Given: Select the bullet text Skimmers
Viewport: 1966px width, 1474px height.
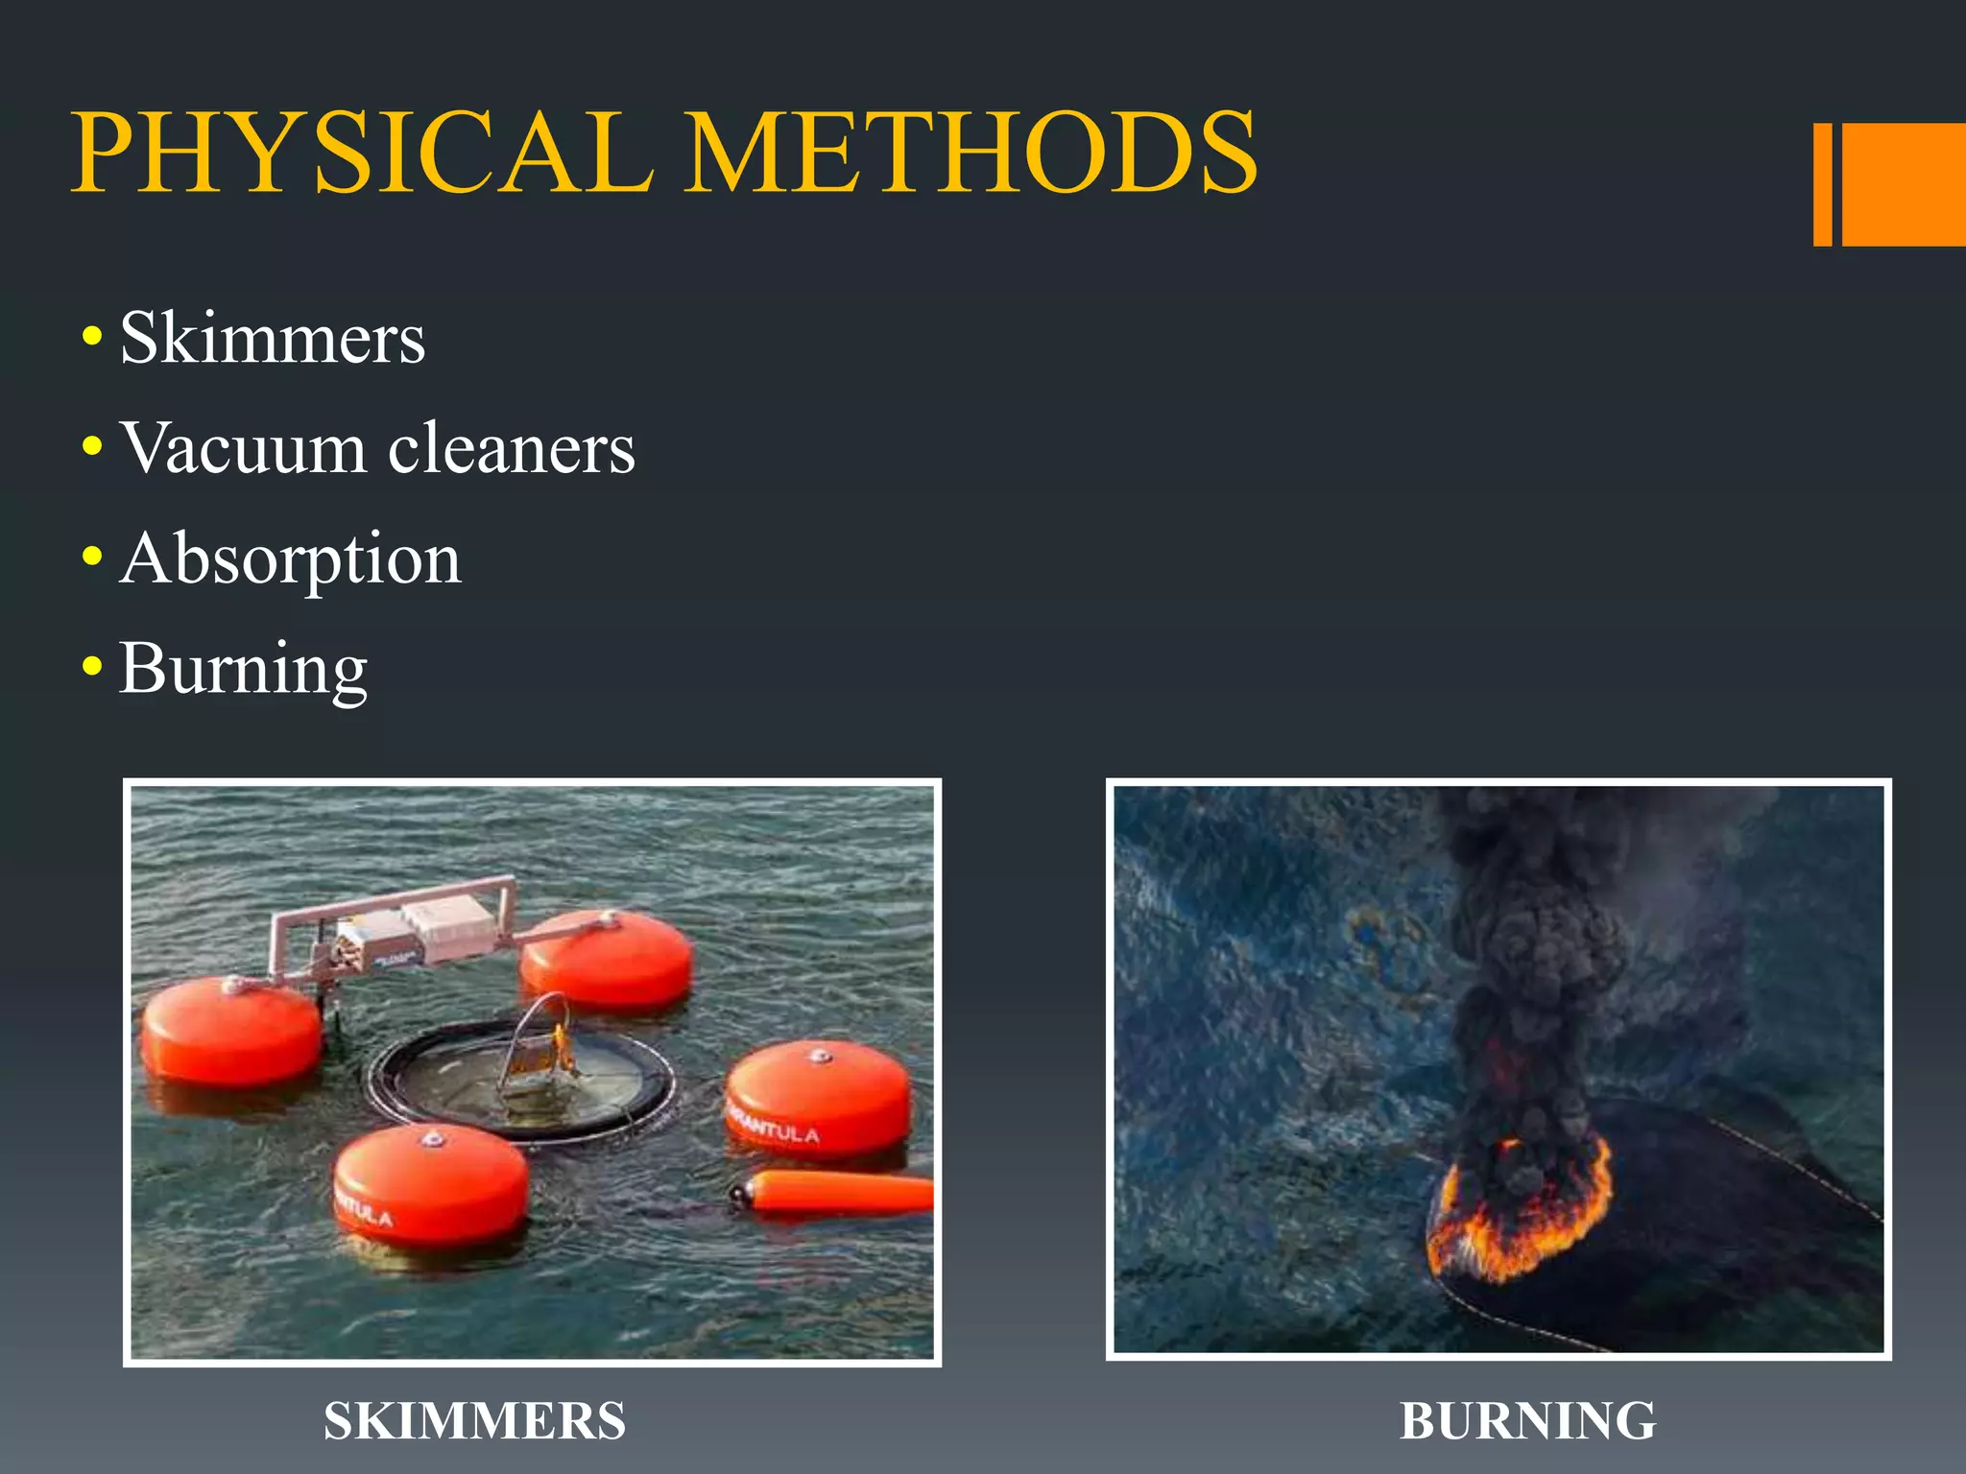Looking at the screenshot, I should pyautogui.click(x=273, y=338).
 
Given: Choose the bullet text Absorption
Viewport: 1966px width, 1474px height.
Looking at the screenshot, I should pyautogui.click(x=290, y=559).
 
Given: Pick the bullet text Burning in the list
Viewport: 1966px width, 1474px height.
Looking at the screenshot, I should pyautogui.click(x=244, y=669).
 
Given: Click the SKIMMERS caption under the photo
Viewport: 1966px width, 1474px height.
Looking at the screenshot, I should pyautogui.click(x=474, y=1421).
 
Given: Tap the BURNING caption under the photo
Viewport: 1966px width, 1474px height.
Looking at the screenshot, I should pyautogui.click(x=1527, y=1421).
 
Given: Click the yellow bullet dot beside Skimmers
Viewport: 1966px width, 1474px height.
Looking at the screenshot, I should pyautogui.click(x=92, y=337).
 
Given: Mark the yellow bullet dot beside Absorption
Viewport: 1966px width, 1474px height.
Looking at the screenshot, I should pyautogui.click(x=92, y=557).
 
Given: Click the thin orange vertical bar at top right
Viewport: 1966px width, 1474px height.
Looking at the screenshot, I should pyautogui.click(x=1822, y=184).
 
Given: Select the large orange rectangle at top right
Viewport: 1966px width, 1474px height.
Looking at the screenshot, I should pyautogui.click(x=1904, y=184).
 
